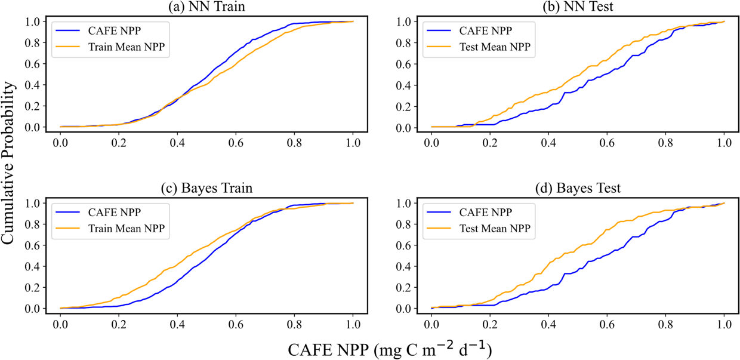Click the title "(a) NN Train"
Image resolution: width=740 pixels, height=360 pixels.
(x=206, y=7)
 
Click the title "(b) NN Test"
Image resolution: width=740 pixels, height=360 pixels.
(x=578, y=7)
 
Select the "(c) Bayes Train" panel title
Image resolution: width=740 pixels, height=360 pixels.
(x=206, y=188)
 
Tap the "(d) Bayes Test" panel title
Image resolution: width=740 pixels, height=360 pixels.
(x=578, y=188)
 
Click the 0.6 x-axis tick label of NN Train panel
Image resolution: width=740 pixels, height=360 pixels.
(x=236, y=143)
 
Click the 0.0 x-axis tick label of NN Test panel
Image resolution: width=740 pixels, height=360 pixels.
(x=431, y=143)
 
